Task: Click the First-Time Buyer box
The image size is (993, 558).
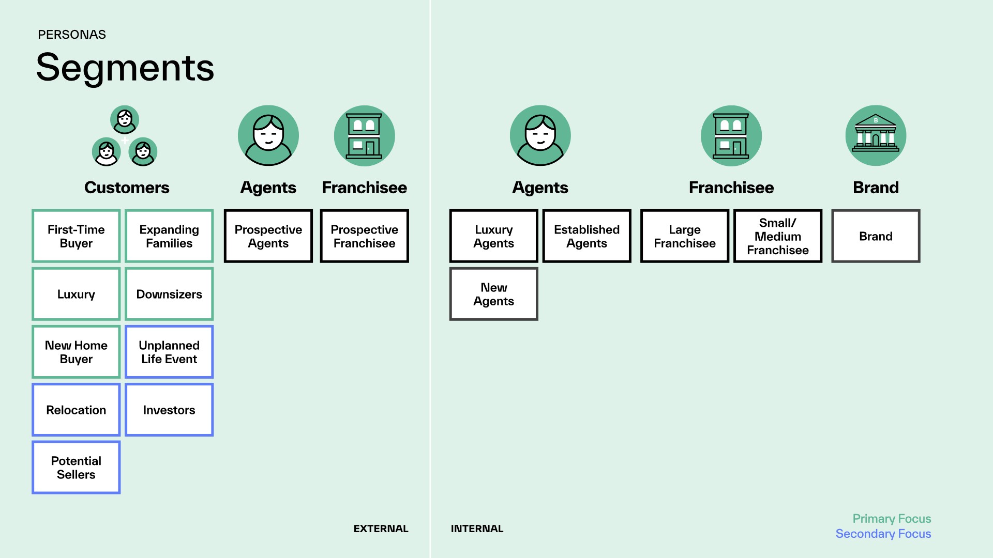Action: pos(76,236)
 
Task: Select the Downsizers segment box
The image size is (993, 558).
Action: pos(169,294)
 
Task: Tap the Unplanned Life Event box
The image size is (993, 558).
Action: pos(169,352)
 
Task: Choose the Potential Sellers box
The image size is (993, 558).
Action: pos(76,468)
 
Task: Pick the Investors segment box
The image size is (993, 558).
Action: pos(169,410)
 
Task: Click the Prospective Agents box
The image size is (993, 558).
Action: pos(268,236)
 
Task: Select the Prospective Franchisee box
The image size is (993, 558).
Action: pos(365,236)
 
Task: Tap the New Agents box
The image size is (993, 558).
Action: pos(494,294)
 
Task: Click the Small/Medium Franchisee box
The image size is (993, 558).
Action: pos(778,236)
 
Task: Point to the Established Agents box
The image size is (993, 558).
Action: pos(587,236)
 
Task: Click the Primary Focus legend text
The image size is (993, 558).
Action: pos(892,519)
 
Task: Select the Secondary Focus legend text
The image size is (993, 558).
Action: pos(883,534)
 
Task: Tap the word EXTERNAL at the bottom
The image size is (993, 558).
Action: pos(381,529)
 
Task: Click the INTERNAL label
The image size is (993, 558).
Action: pos(477,529)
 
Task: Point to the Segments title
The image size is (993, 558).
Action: pos(125,68)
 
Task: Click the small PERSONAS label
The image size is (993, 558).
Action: pos(72,35)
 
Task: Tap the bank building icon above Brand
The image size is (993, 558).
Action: pos(876,135)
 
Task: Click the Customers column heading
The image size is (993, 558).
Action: pos(127,188)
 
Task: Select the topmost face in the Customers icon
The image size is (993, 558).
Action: pos(125,120)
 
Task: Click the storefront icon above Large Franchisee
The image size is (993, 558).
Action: pos(731,135)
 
